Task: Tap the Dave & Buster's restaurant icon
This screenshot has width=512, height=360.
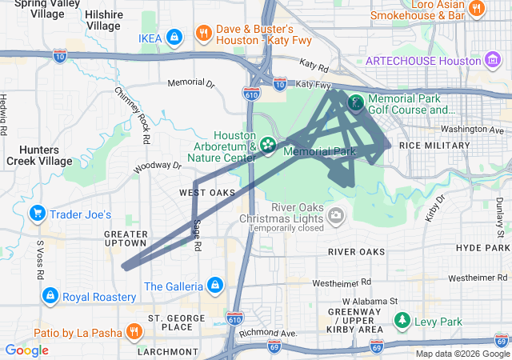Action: [204, 34]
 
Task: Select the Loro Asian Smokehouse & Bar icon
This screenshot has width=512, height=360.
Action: [477, 9]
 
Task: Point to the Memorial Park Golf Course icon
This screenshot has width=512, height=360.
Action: [354, 102]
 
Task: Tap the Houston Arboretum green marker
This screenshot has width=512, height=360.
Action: [266, 145]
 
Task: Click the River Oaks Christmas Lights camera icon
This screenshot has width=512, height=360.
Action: [336, 214]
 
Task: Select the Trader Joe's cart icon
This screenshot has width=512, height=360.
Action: [36, 214]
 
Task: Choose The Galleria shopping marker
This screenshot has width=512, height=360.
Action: [214, 285]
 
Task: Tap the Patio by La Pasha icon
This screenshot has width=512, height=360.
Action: [134, 331]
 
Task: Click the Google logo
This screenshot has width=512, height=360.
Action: [26, 350]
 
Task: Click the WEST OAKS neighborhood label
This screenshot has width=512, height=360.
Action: [207, 193]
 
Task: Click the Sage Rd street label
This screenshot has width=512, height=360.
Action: [198, 237]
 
